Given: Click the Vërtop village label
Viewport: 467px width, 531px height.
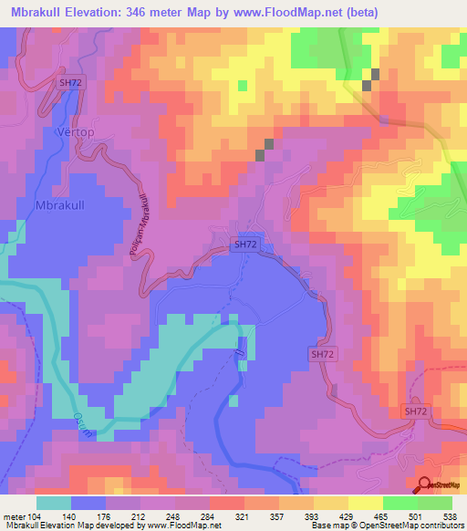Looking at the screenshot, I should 76,130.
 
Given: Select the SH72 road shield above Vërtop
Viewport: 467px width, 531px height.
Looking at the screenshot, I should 69,82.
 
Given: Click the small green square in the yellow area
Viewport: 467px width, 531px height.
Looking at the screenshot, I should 242,85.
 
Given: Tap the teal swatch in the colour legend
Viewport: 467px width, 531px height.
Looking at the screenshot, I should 54,503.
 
